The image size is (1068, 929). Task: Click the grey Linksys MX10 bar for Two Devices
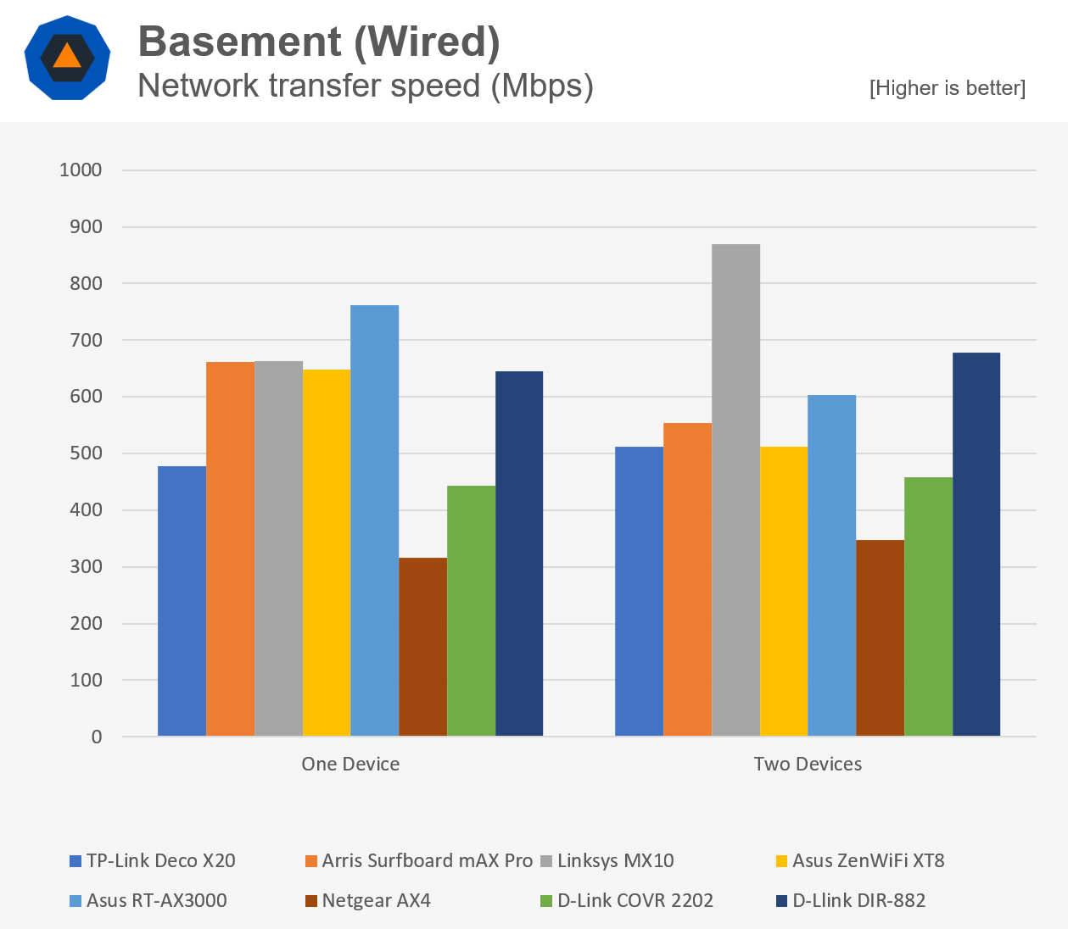click(x=735, y=490)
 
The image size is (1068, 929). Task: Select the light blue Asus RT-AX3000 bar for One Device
click(x=374, y=520)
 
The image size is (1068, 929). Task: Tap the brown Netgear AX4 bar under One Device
click(x=422, y=646)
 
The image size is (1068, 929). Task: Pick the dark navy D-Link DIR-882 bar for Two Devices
click(x=976, y=544)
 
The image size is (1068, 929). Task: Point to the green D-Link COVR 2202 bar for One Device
click(x=471, y=610)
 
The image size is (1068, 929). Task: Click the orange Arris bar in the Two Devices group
click(x=687, y=579)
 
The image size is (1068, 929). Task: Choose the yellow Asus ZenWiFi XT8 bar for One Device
click(x=326, y=553)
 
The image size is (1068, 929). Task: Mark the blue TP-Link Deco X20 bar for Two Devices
click(x=639, y=591)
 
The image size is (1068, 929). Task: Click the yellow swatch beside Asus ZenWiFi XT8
click(x=781, y=861)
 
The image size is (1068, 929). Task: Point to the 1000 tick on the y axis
click(x=81, y=170)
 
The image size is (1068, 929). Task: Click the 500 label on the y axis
click(x=86, y=453)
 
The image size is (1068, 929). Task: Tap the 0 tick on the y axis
click(x=97, y=737)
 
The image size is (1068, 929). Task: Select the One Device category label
click(x=350, y=764)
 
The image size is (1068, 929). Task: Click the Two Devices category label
click(x=808, y=764)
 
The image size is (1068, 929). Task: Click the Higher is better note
click(x=947, y=88)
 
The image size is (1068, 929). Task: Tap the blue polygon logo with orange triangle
click(x=67, y=58)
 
